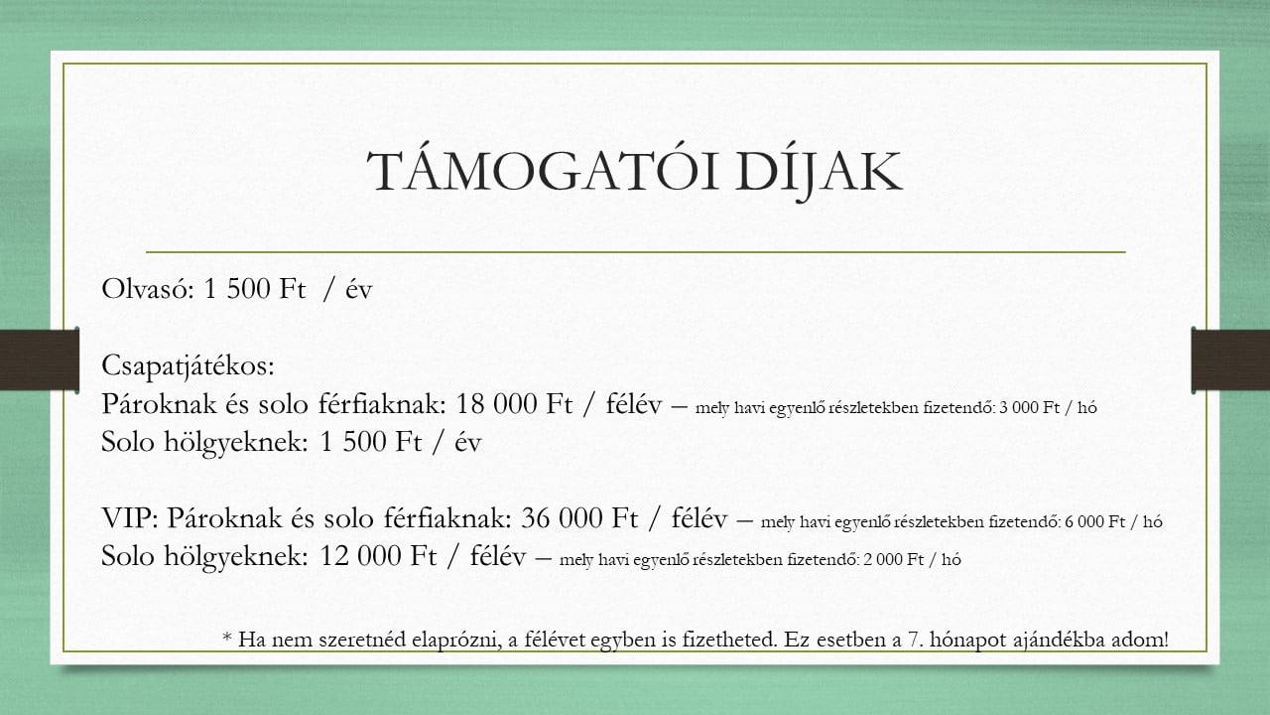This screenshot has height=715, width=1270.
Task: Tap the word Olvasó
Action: point(148,289)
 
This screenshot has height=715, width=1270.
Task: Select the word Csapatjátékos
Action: point(188,366)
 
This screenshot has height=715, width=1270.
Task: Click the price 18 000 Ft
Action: point(514,404)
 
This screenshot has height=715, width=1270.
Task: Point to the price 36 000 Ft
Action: point(579,517)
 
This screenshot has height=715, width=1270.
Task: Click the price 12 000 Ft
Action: point(378,555)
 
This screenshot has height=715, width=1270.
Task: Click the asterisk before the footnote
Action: point(227,637)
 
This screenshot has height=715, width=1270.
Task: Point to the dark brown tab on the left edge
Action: point(40,359)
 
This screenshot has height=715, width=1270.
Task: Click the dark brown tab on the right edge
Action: point(1230,359)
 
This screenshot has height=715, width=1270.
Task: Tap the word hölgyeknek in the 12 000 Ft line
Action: point(236,556)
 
